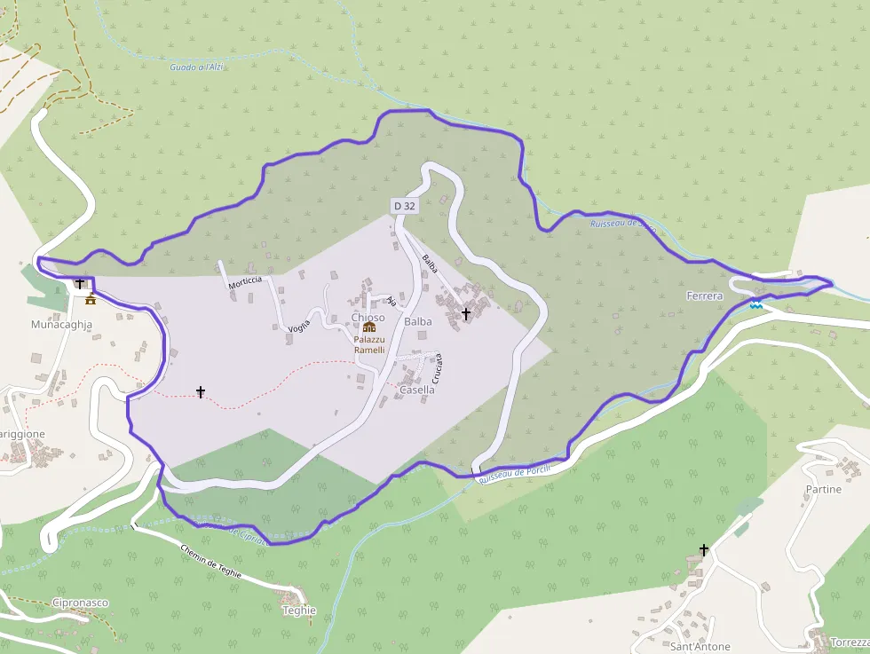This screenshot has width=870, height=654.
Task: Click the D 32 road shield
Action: (x=404, y=206)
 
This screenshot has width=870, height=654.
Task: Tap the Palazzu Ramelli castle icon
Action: (x=369, y=328)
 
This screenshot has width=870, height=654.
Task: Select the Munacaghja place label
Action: (x=61, y=325)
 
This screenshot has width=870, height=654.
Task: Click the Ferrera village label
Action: (x=705, y=295)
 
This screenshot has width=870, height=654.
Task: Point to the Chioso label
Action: (x=368, y=317)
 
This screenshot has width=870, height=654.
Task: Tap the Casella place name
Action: (x=417, y=390)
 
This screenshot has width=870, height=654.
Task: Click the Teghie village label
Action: (x=299, y=611)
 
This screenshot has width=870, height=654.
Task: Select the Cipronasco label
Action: (x=81, y=603)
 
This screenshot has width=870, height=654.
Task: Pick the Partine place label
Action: (x=823, y=489)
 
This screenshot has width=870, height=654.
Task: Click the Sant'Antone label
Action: (x=700, y=647)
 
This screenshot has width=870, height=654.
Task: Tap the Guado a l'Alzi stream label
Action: (x=197, y=67)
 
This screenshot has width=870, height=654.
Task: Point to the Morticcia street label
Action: (x=245, y=281)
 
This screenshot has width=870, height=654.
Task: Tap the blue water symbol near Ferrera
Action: (x=755, y=304)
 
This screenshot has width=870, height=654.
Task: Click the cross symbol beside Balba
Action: (x=466, y=314)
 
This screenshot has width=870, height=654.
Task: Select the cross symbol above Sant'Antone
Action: (x=705, y=550)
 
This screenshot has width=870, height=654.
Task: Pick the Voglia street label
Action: (x=299, y=326)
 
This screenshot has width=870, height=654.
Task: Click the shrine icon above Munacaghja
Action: (x=90, y=298)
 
